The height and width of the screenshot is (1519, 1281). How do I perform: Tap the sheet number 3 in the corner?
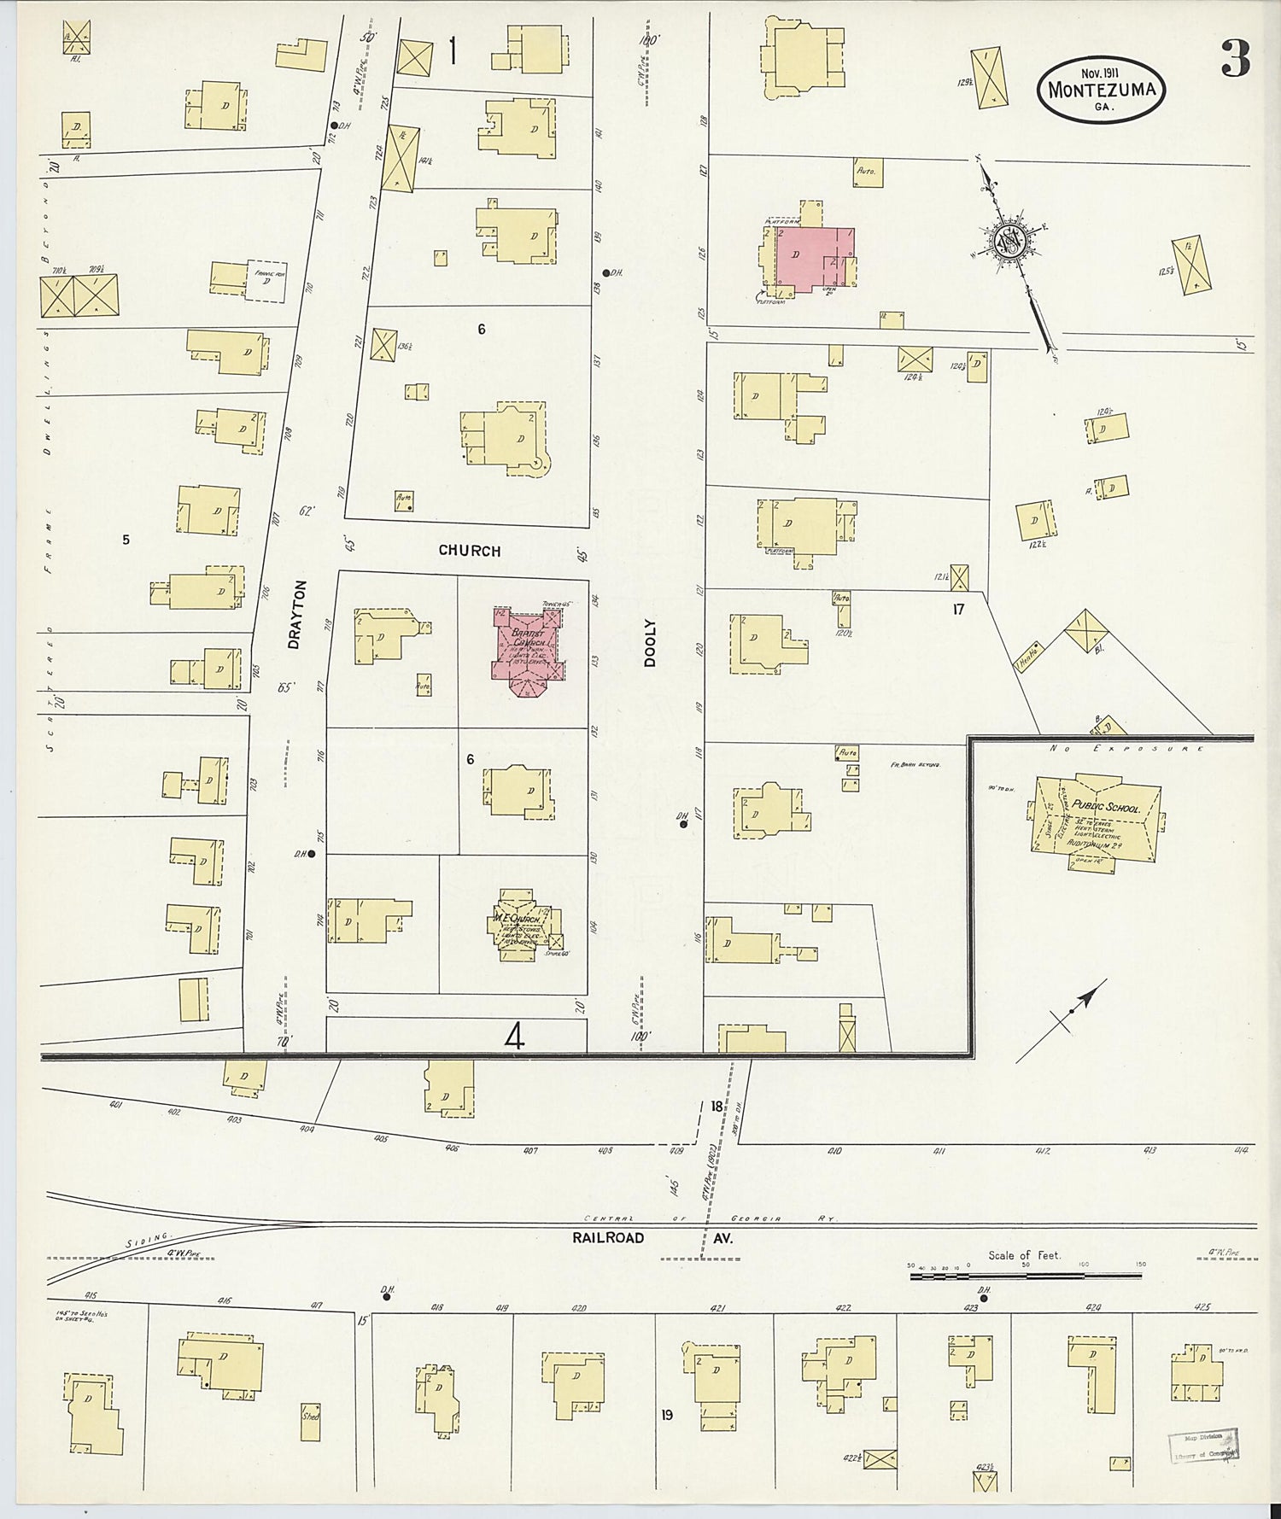pos(1235,58)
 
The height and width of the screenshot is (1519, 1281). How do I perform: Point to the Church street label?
pos(469,551)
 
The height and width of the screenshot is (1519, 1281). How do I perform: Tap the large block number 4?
pos(514,1036)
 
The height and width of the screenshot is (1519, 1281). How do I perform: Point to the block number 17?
pos(958,610)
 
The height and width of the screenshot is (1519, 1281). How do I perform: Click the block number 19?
pos(666,1415)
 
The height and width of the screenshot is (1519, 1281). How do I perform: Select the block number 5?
pos(126,540)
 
